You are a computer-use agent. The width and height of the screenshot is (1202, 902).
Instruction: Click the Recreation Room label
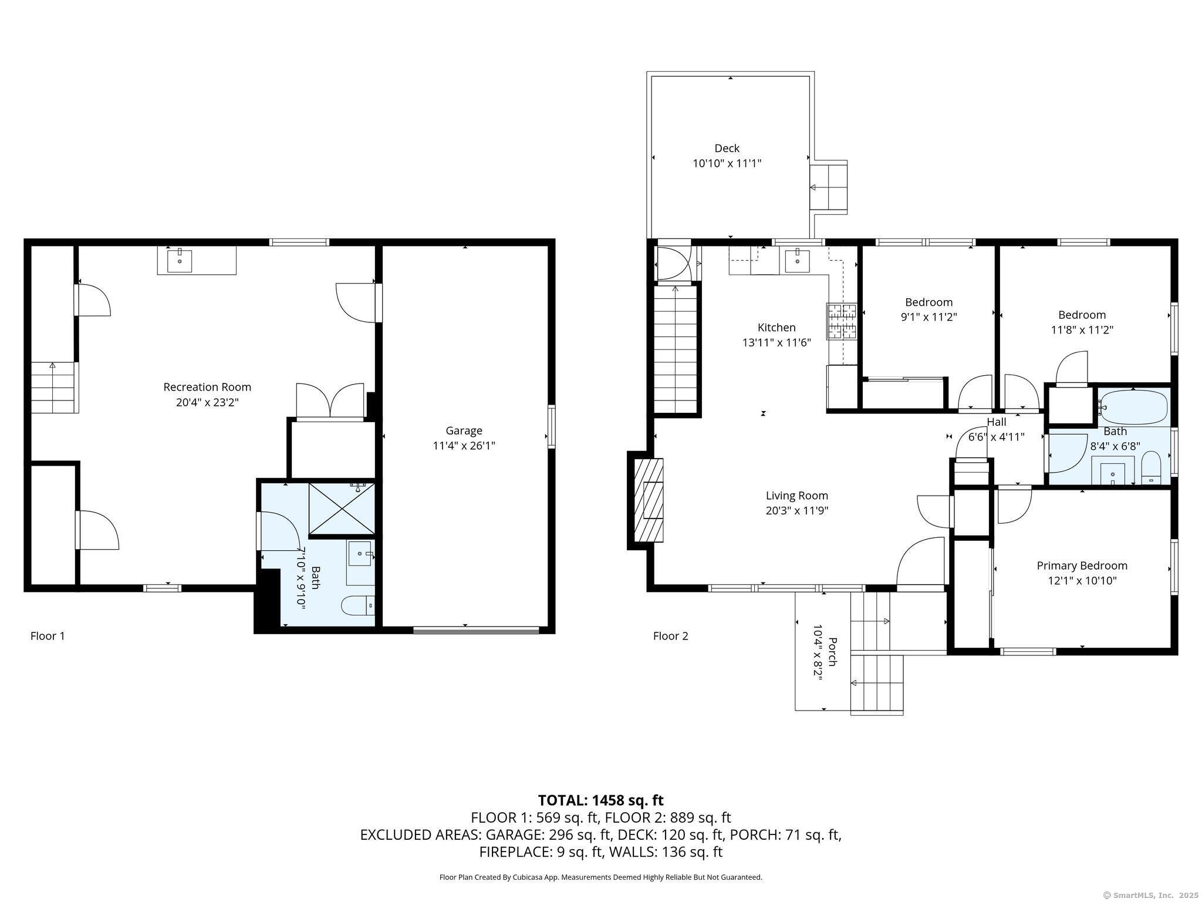[x=207, y=387]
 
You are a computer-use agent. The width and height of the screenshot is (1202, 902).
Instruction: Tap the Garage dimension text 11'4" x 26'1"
[x=464, y=446]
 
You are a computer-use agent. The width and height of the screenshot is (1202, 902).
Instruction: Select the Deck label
[x=727, y=149]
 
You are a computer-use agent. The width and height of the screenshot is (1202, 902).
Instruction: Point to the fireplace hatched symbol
[x=649, y=500]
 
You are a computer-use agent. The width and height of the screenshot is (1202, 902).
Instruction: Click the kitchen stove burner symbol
[x=842, y=321]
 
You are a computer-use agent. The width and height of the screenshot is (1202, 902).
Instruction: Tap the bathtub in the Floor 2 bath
[x=1133, y=407]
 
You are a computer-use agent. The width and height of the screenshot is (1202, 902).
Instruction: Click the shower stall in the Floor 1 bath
[x=342, y=509]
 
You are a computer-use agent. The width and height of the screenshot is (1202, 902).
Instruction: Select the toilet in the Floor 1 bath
[x=357, y=605]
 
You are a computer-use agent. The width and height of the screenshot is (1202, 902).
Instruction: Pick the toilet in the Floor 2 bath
[x=1151, y=468]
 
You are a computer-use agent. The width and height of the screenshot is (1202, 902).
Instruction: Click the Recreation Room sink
[x=180, y=261]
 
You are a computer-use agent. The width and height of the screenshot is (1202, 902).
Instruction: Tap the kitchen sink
[x=798, y=261]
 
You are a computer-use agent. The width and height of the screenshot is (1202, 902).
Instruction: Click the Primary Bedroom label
[x=1082, y=566]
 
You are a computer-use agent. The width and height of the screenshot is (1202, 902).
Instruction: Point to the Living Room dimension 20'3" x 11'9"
[x=796, y=511]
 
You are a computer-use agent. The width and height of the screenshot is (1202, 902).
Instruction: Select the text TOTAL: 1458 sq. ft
[x=600, y=800]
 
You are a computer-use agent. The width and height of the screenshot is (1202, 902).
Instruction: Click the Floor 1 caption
[x=48, y=636]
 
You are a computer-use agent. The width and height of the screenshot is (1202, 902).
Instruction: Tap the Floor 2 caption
[x=670, y=636]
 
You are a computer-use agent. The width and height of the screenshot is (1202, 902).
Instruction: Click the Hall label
[x=996, y=422]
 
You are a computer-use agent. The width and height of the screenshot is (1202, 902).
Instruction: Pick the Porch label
[x=832, y=651]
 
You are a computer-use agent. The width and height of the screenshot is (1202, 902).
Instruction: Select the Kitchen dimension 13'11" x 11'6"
[x=776, y=343]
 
